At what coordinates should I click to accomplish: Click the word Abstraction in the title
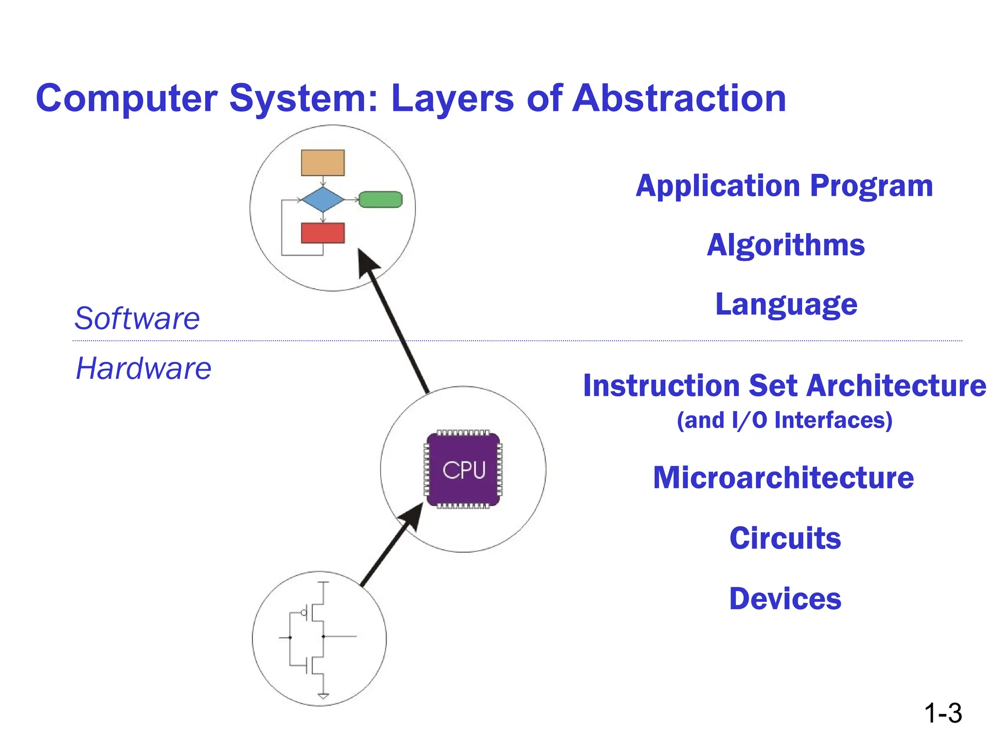(x=679, y=98)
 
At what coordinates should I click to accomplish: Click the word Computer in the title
(x=126, y=98)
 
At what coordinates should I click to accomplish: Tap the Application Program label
(x=784, y=186)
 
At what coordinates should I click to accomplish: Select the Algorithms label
(x=786, y=245)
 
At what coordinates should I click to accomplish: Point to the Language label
(x=786, y=304)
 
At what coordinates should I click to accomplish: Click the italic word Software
(x=137, y=318)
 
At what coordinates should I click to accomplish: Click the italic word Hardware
(x=143, y=368)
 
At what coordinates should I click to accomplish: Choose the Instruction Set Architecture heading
(x=785, y=386)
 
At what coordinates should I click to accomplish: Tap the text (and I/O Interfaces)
(x=785, y=420)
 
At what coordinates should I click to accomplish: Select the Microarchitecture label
(x=783, y=478)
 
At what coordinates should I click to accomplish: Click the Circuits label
(x=785, y=539)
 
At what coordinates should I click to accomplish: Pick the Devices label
(x=785, y=599)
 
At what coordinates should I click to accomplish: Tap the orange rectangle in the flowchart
(x=323, y=163)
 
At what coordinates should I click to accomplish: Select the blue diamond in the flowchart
(x=323, y=200)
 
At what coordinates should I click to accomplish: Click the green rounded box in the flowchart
(x=380, y=200)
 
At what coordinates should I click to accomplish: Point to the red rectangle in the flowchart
(x=323, y=233)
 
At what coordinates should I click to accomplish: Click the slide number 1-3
(x=942, y=713)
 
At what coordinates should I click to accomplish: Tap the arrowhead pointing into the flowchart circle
(x=368, y=263)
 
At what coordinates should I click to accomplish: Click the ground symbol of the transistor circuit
(x=323, y=696)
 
